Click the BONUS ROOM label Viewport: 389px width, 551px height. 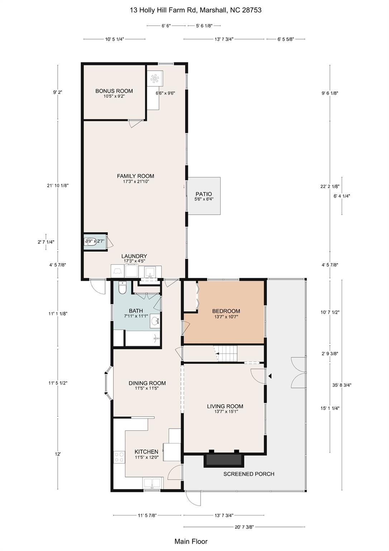click(x=114, y=91)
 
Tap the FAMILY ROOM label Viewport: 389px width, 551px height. click(x=135, y=176)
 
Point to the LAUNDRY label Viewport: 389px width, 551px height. click(x=134, y=256)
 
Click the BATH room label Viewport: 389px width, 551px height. click(x=136, y=311)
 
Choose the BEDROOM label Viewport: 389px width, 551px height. click(x=226, y=311)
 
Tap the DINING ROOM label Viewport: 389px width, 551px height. click(x=147, y=383)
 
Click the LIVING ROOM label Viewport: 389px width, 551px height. click(x=225, y=406)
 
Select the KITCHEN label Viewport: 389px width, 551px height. click(x=147, y=452)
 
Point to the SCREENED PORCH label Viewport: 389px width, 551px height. click(x=249, y=474)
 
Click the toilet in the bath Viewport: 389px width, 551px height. click(x=122, y=288)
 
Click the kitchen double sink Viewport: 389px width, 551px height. click(x=152, y=483)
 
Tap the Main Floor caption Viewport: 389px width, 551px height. click(x=191, y=541)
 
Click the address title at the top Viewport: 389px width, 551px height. click(x=196, y=10)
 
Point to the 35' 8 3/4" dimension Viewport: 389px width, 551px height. click(x=342, y=385)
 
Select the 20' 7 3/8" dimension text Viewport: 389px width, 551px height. click(x=244, y=527)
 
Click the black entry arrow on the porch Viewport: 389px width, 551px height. click(x=270, y=376)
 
